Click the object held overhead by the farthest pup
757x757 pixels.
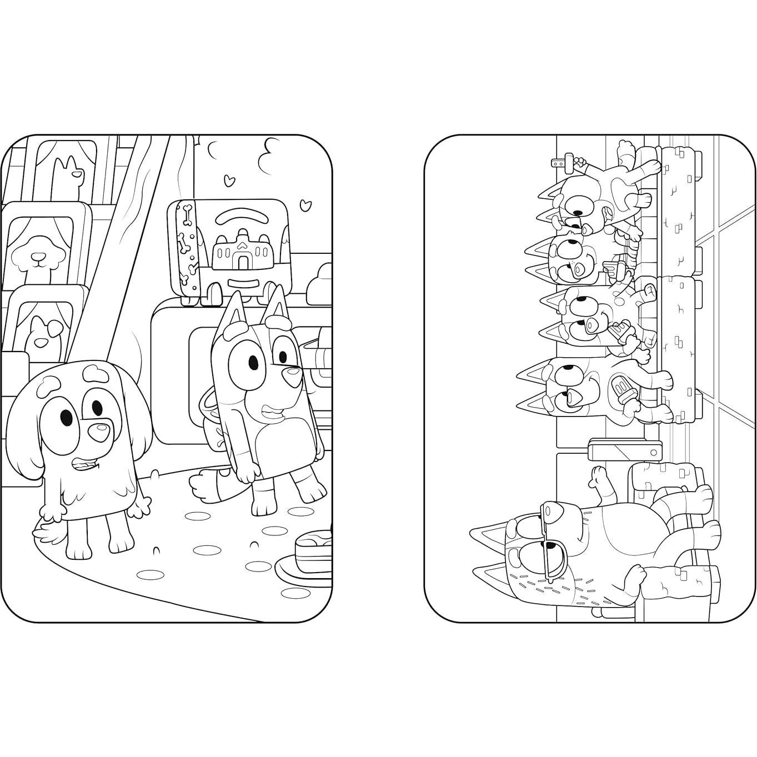564,163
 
